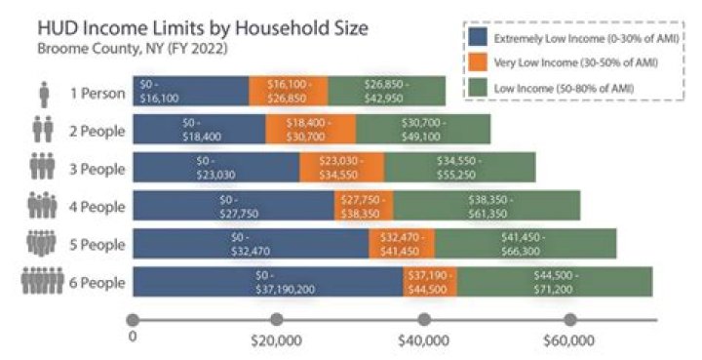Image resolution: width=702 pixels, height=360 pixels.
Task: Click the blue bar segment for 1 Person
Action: click(x=190, y=91)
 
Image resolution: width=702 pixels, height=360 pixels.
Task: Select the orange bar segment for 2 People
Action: click(x=310, y=129)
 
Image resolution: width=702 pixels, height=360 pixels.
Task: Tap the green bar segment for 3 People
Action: click(x=459, y=167)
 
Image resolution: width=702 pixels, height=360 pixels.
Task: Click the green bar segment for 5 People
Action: click(x=526, y=243)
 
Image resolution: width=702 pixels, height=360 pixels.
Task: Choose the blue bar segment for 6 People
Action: click(x=268, y=281)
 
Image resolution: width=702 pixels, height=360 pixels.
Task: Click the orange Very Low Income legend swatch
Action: click(x=478, y=62)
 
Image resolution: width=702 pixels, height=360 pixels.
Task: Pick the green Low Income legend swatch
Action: click(x=478, y=88)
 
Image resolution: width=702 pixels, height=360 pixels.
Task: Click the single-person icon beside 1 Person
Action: click(x=43, y=93)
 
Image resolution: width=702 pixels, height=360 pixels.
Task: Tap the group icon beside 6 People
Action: click(x=42, y=282)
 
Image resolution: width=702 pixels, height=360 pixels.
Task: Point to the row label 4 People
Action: click(x=97, y=206)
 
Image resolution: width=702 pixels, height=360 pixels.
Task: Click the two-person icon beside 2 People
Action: click(x=43, y=130)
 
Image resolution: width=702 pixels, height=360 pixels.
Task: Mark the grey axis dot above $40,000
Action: click(x=423, y=319)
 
